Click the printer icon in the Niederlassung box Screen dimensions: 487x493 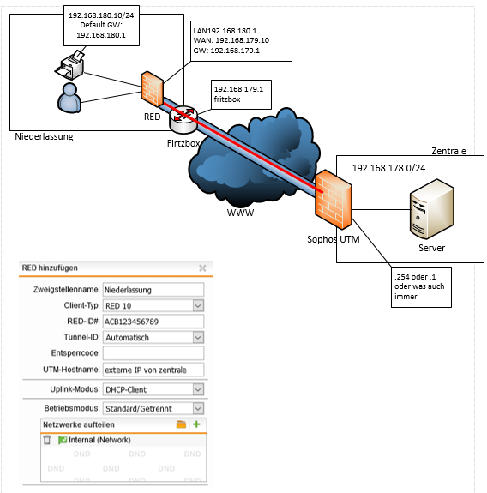[x=69, y=65]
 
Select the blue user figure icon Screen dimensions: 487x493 [x=69, y=98]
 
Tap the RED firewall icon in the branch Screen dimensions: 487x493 [x=152, y=89]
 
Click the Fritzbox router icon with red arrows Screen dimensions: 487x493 [x=183, y=119]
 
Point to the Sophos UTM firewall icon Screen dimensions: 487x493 [x=334, y=200]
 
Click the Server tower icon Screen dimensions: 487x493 [x=432, y=209]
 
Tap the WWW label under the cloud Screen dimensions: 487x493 [x=240, y=213]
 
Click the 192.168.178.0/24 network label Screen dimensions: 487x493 [x=388, y=168]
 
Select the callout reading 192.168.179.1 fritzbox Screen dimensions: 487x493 [x=241, y=94]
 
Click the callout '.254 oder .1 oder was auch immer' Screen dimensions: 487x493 [x=421, y=287]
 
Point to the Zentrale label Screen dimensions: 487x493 [x=448, y=151]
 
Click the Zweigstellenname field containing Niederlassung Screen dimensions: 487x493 [x=153, y=290]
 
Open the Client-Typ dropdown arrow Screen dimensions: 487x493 [x=198, y=305]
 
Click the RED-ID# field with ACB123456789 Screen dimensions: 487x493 [x=153, y=322]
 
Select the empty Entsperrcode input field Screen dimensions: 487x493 [x=153, y=353]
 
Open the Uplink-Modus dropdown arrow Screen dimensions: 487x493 [x=198, y=389]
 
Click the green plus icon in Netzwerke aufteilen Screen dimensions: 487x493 [x=196, y=424]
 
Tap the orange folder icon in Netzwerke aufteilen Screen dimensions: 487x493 [x=181, y=424]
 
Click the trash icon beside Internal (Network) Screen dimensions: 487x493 [x=47, y=440]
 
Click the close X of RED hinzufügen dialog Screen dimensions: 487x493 [x=202, y=268]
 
